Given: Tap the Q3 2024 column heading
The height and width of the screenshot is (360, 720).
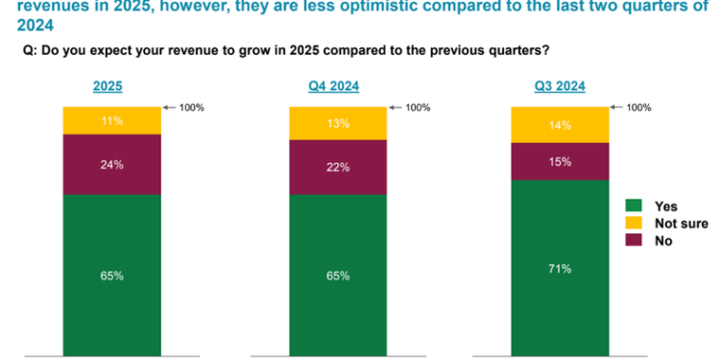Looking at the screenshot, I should tap(560, 86).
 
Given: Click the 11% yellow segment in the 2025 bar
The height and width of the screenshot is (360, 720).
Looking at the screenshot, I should tap(111, 121).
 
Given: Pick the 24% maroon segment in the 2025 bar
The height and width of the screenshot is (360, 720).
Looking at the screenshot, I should tap(111, 164).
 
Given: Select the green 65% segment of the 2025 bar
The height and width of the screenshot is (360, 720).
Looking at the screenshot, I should tap(111, 276).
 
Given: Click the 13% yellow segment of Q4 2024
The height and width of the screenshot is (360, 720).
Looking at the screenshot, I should tap(338, 124).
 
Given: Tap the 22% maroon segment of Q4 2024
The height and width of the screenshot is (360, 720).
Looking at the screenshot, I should tap(338, 168).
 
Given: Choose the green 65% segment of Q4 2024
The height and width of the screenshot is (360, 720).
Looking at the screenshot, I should tap(338, 276).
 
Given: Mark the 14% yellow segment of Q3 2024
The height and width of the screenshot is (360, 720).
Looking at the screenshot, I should tap(560, 125).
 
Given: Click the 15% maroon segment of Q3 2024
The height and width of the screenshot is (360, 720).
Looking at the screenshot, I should tap(560, 161).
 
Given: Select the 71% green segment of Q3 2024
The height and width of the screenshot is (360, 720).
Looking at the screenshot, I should tap(560, 268).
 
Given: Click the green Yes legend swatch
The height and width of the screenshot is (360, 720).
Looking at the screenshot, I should tap(634, 206).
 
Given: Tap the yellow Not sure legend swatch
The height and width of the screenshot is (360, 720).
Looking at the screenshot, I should tap(634, 224).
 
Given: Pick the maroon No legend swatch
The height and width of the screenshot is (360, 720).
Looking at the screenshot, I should tap(634, 241).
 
